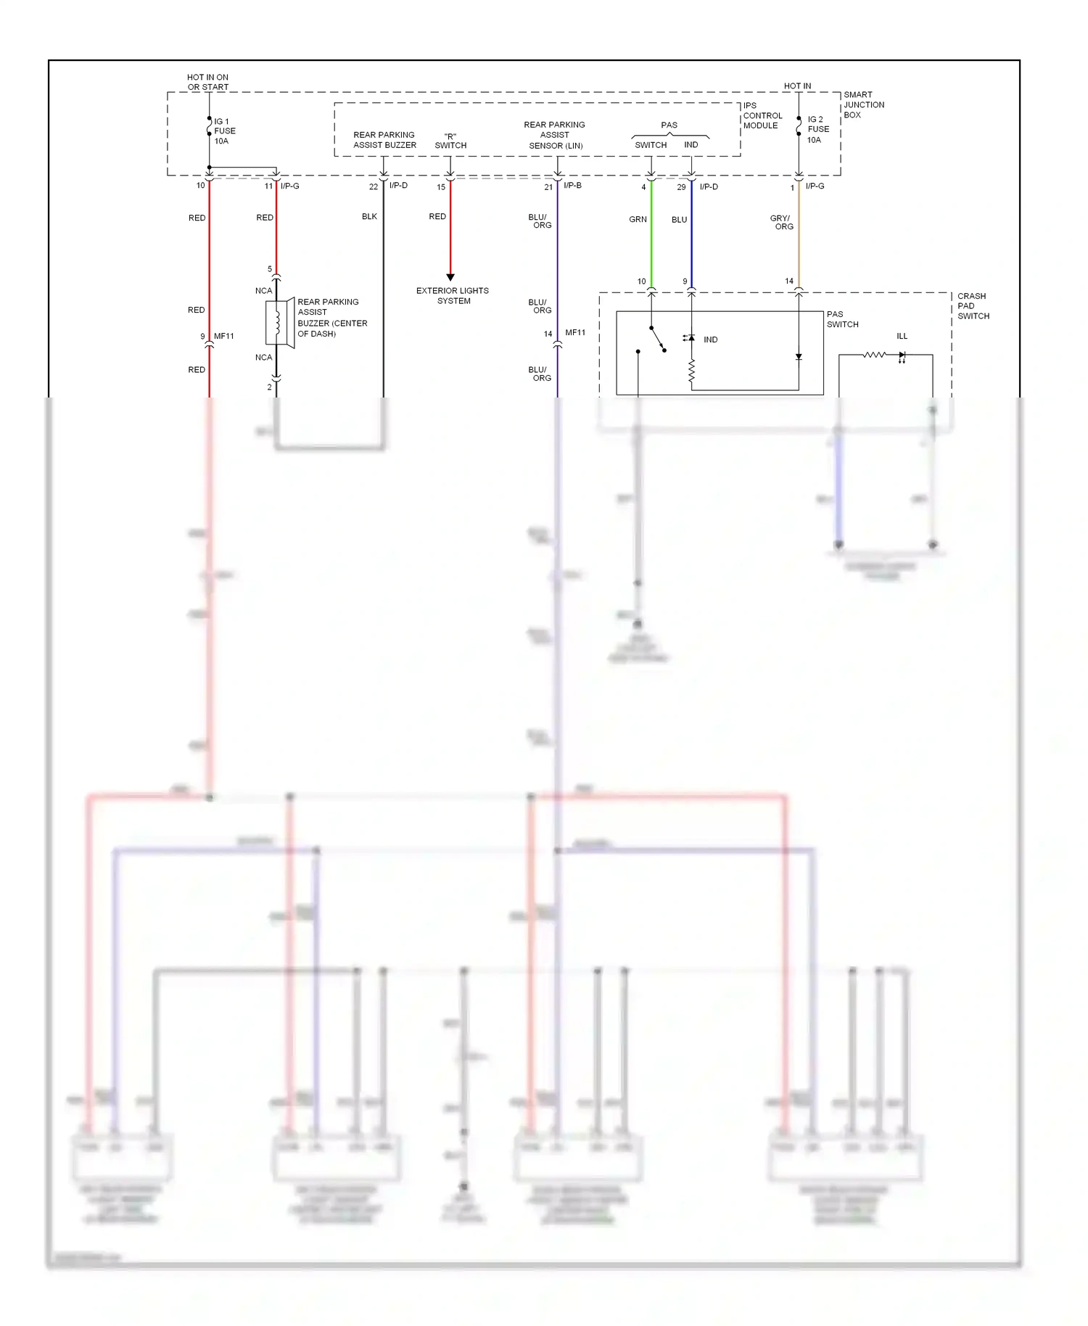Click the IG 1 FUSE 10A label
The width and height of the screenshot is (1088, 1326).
click(224, 131)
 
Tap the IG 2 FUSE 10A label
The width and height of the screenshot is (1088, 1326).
click(817, 129)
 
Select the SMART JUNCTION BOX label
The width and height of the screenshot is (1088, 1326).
click(863, 104)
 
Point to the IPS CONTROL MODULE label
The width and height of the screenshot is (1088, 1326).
click(762, 115)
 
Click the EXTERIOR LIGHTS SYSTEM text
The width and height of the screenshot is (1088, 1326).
click(453, 295)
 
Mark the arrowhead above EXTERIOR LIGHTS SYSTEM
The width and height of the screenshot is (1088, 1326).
click(450, 277)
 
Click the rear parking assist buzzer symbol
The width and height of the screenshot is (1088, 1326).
click(279, 322)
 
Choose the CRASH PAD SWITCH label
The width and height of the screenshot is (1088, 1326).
click(973, 306)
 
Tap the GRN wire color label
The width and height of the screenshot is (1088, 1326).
click(638, 219)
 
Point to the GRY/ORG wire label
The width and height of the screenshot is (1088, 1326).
click(782, 222)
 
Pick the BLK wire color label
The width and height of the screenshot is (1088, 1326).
click(369, 216)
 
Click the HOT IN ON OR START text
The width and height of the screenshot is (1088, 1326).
click(207, 82)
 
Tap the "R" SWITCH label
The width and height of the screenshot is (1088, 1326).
click(450, 141)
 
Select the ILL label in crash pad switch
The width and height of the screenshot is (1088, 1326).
click(902, 336)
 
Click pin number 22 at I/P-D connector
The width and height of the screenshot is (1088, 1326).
click(374, 187)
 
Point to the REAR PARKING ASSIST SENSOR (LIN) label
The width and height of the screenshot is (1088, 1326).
click(555, 135)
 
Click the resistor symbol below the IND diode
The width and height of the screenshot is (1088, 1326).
click(691, 371)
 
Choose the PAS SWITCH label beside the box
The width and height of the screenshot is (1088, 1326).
click(842, 319)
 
